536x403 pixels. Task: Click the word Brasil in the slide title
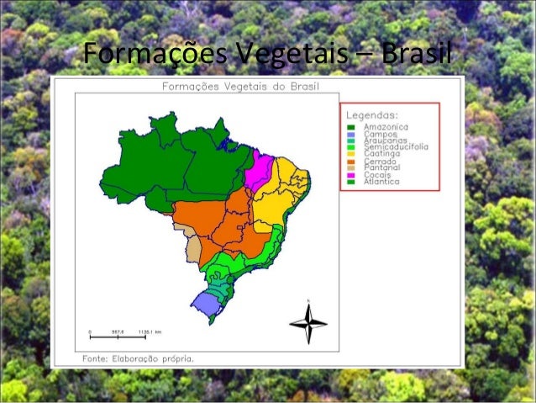[x=417, y=56]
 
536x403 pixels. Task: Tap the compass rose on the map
[x=308, y=321]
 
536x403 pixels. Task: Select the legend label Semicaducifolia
[x=395, y=146]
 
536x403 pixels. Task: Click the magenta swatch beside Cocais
[x=352, y=174]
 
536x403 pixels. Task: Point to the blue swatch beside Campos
[x=352, y=134]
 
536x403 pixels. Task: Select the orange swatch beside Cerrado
[x=352, y=161]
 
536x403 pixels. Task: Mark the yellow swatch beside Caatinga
[x=352, y=154]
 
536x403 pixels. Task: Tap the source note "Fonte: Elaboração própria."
[x=138, y=358]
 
